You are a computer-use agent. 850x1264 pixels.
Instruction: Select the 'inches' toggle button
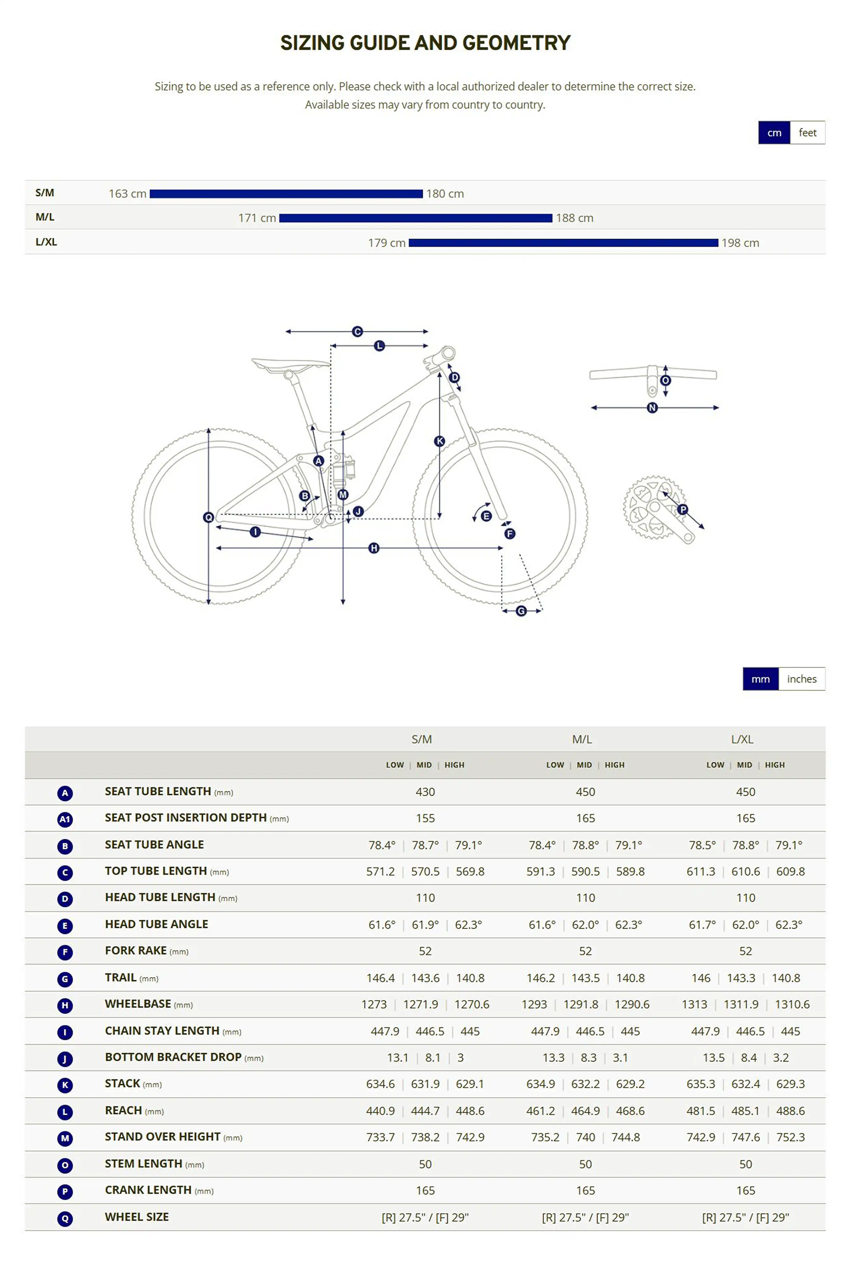click(x=801, y=679)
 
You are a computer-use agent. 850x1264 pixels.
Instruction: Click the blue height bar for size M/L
click(x=415, y=218)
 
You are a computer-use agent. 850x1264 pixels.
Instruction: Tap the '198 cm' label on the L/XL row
click(x=740, y=243)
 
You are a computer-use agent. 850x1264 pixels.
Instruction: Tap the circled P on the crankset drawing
click(x=682, y=509)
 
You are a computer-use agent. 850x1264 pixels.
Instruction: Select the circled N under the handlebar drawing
click(x=652, y=407)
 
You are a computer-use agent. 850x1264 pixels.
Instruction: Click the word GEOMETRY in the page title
click(x=516, y=43)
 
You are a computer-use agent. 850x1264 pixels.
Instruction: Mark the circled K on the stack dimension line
click(x=440, y=441)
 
